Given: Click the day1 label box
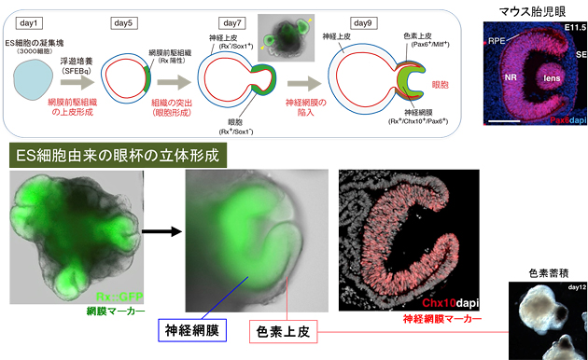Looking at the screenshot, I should point(35,21).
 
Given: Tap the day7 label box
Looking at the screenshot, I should point(231,21).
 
